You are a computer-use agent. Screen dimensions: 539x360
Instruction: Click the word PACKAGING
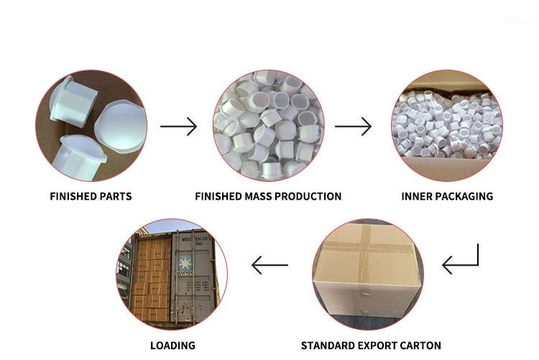pos(462,196)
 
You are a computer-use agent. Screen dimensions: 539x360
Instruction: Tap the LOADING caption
pos(172,346)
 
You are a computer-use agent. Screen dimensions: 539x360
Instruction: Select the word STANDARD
pos(326,346)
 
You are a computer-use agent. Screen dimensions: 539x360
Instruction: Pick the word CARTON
pos(418,346)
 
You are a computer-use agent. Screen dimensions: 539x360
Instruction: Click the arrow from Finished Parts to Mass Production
pos(178,126)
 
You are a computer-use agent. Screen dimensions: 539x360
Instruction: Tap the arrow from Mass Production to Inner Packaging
pos(353,126)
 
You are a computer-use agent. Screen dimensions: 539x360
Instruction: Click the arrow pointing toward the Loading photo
pos(269,265)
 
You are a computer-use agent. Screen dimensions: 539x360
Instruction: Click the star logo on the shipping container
pos(185,264)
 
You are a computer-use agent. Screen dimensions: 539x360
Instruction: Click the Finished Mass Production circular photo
pos(269,126)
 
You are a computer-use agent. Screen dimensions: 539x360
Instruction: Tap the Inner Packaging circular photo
pos(447,126)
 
